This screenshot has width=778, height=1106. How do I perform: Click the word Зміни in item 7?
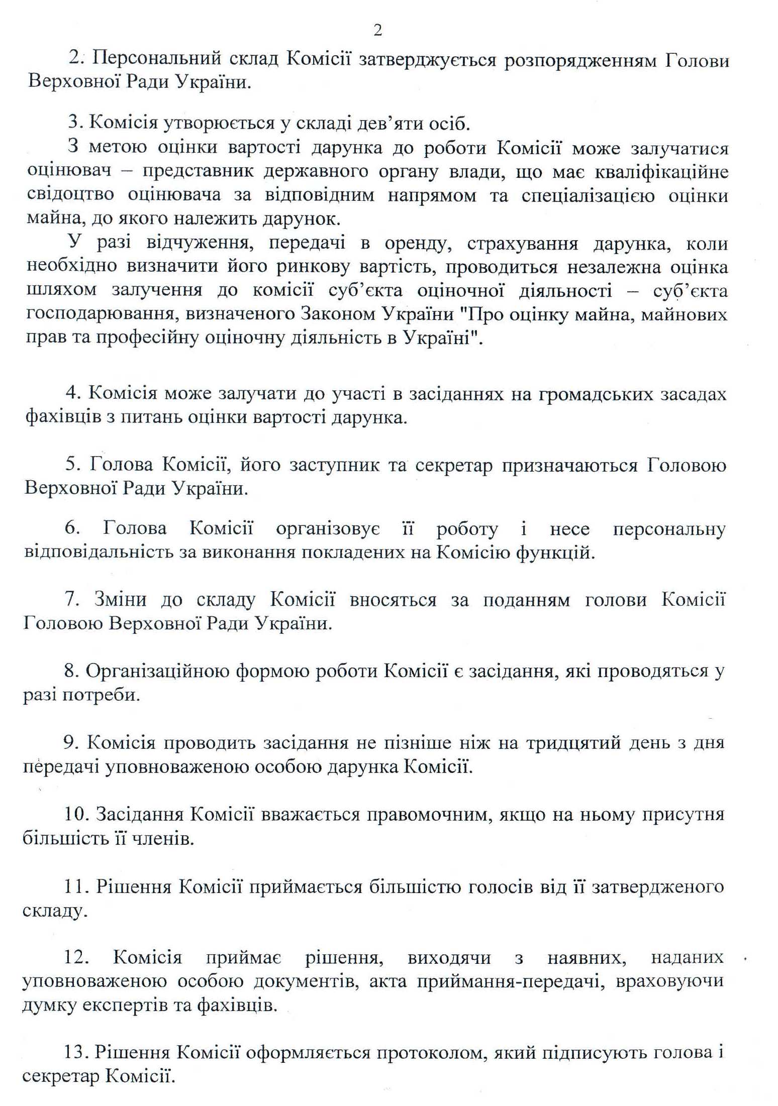[120, 600]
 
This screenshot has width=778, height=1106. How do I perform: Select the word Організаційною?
[156, 672]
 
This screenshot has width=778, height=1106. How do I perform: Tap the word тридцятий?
[573, 743]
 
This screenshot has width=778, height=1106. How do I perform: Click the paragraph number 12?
[76, 958]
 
